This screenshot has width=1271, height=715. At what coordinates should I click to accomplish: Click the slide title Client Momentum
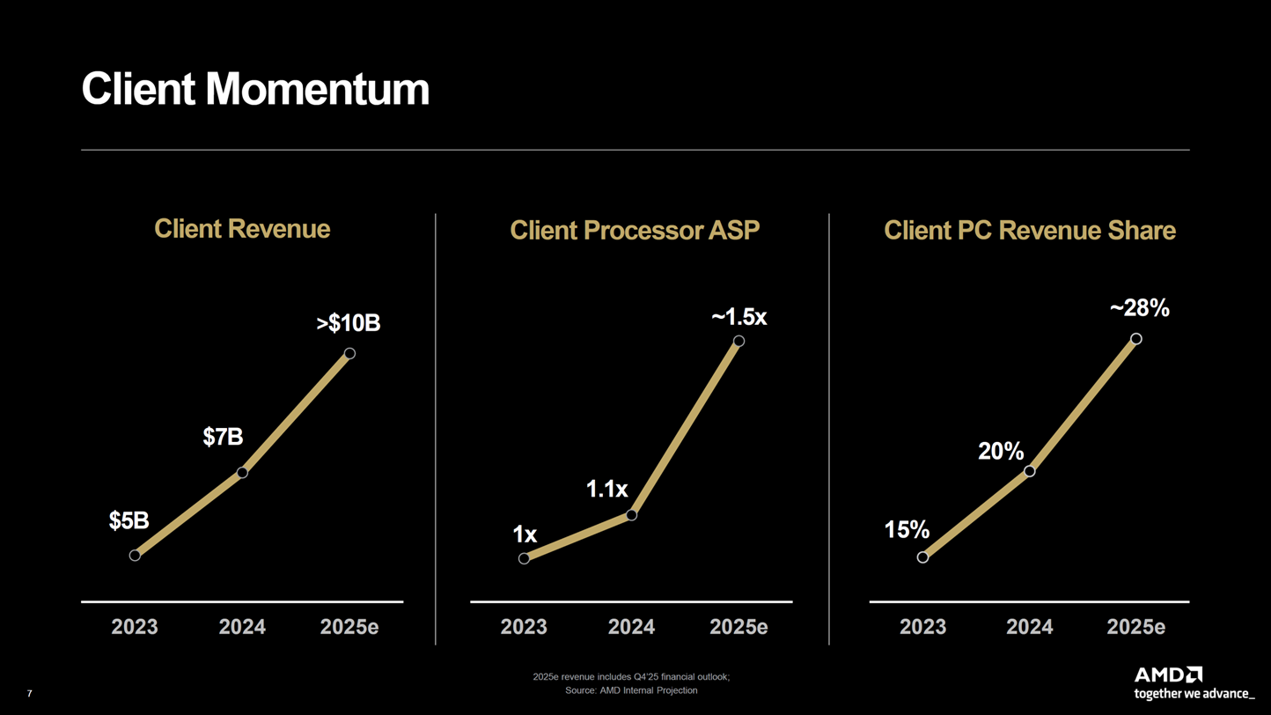255,90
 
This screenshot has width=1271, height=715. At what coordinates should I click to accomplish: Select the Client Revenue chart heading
242,229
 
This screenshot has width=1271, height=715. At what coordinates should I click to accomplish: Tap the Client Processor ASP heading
634,231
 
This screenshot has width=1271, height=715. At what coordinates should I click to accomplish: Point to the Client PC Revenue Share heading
1029,231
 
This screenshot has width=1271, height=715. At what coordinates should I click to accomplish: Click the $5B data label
129,521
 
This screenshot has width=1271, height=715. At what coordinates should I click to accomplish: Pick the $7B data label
223,437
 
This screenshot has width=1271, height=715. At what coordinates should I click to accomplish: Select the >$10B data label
349,323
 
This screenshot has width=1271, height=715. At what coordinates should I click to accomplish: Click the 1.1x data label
606,490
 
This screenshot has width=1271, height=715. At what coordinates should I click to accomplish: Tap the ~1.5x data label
738,317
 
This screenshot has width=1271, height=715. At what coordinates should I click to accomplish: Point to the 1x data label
525,534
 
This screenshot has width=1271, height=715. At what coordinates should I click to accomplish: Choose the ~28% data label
1139,308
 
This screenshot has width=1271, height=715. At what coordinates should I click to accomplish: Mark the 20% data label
1001,452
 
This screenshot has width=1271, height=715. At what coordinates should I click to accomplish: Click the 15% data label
907,530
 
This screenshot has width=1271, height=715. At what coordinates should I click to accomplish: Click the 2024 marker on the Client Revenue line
242,473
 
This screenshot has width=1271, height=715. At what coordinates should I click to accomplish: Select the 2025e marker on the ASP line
738,341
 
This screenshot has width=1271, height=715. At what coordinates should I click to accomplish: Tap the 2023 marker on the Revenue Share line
922,557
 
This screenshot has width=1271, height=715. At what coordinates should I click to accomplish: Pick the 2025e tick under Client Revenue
349,627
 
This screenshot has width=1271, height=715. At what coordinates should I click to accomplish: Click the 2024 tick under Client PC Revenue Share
1029,627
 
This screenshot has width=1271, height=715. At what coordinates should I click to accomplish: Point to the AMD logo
1168,675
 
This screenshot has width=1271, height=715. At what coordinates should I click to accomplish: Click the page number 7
29,694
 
